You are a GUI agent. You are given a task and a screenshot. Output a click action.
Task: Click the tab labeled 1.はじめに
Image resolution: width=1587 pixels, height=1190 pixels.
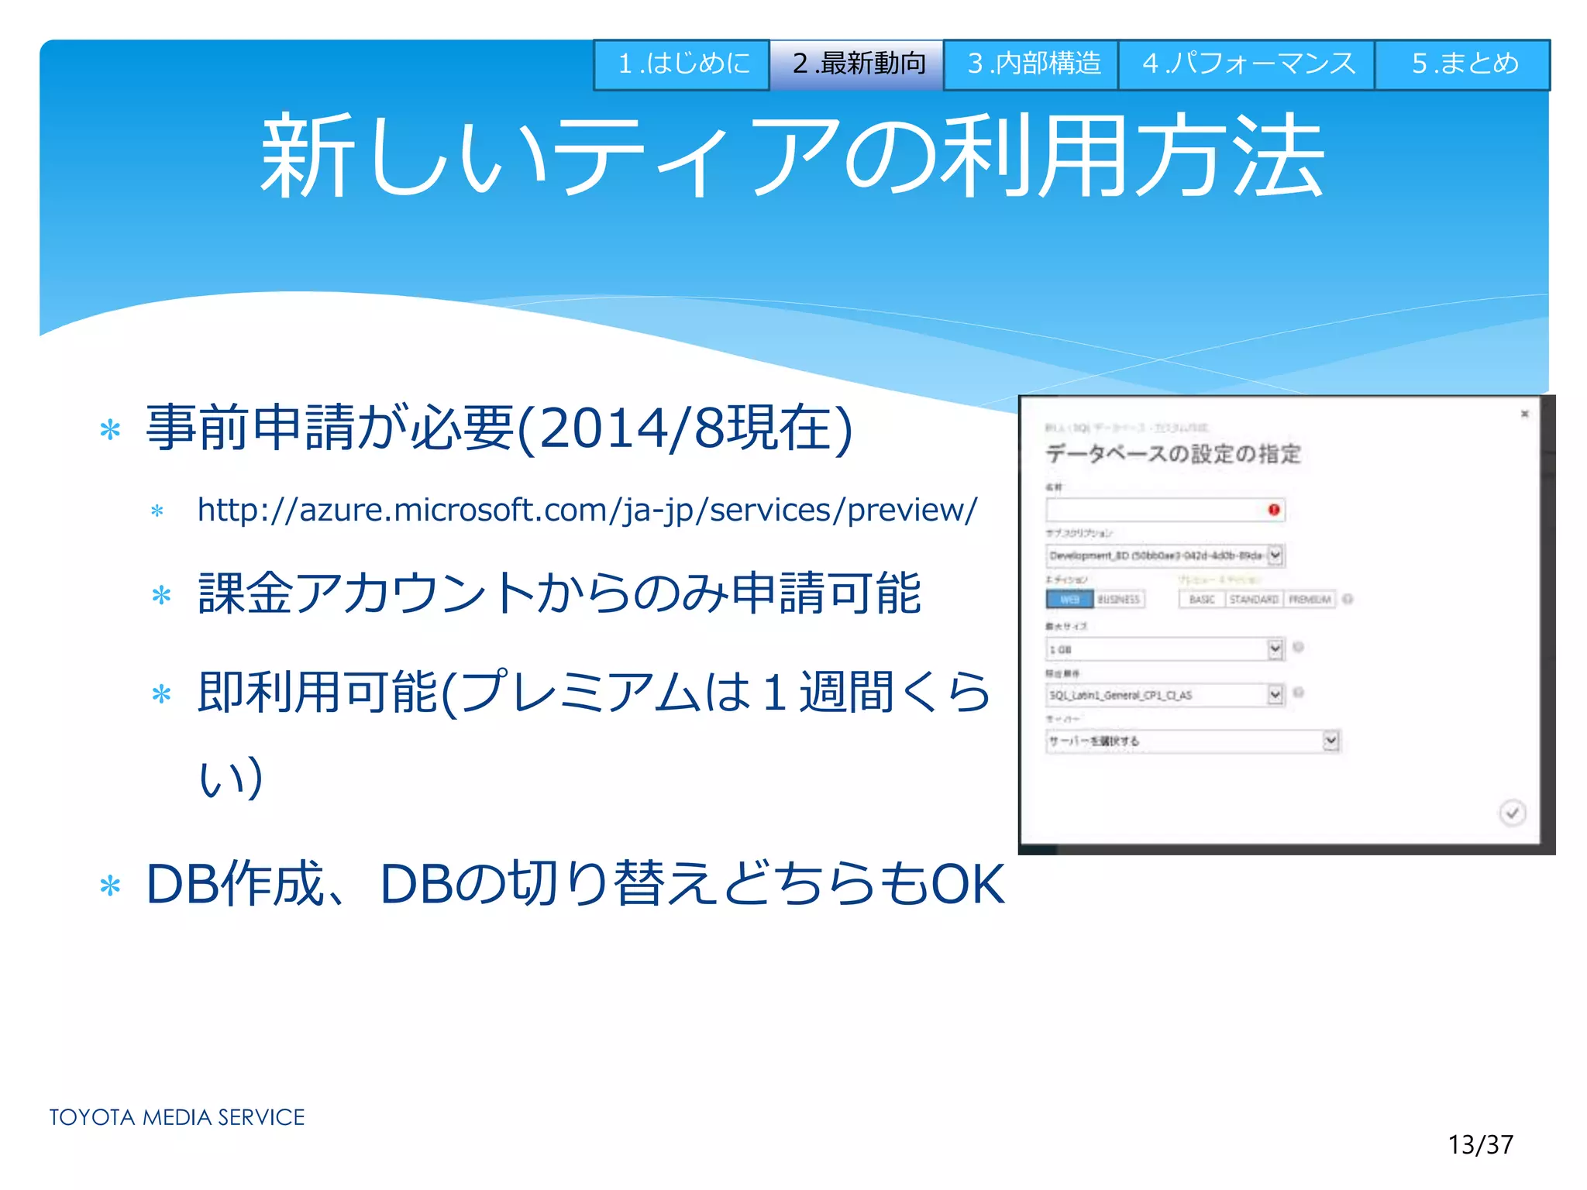681,64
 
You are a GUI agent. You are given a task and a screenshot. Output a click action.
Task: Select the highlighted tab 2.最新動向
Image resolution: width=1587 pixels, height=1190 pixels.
856,64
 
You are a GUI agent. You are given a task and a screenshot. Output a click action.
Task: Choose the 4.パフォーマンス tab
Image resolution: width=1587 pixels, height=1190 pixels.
1247,64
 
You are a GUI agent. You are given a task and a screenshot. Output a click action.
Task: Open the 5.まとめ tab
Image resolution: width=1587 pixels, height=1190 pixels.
1463,64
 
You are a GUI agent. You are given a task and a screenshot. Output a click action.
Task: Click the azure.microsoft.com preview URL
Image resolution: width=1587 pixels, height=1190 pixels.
587,511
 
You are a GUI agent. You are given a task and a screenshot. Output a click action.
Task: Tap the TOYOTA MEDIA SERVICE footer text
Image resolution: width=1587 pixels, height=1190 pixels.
177,1117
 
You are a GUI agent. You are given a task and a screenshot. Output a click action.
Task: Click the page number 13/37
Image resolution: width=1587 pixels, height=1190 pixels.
1480,1144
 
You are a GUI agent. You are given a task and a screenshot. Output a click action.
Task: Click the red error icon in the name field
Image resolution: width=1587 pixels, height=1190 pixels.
1273,509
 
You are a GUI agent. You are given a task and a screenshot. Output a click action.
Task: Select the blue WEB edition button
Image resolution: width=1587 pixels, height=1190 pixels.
1069,599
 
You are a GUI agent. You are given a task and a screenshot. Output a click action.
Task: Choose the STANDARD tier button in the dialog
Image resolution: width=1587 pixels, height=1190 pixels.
1253,599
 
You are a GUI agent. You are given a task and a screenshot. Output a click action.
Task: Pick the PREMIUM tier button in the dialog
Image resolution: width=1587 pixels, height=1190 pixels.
1310,599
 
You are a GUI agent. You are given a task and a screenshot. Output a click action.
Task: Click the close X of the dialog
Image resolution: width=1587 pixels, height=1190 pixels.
1524,414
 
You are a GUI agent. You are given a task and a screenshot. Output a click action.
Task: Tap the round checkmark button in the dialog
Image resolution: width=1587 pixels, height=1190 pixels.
1512,813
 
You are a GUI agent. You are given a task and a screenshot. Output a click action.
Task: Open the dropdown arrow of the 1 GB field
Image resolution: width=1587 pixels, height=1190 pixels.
1275,648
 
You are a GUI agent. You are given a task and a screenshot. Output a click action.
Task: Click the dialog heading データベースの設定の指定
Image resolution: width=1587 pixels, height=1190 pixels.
1172,454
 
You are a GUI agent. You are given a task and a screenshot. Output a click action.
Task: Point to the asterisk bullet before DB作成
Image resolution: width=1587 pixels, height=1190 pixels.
111,886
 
